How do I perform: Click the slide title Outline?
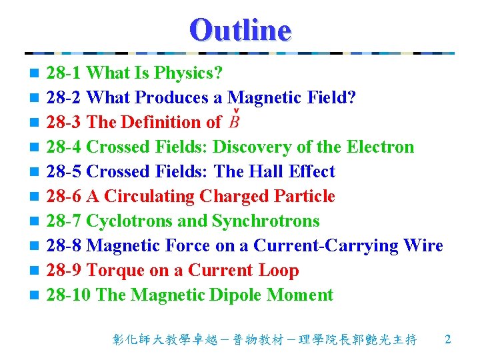pos(240,29)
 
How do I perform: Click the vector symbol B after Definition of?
pos(234,122)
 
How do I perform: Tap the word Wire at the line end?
pos(423,245)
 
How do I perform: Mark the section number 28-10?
pos(69,295)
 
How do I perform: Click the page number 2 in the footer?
pos(447,339)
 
